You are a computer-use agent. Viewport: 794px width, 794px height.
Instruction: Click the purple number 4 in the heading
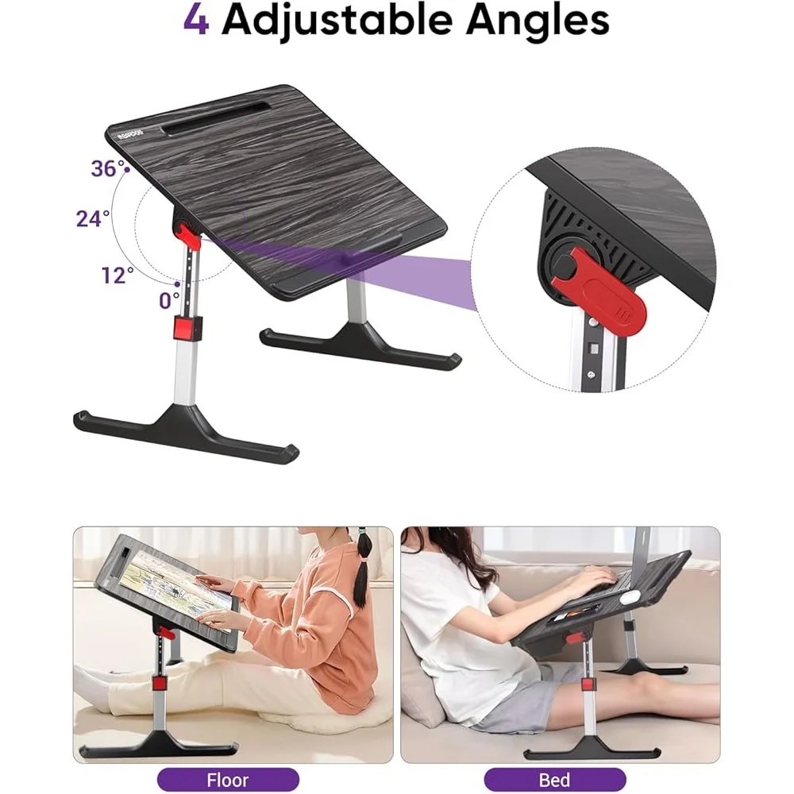point(196,21)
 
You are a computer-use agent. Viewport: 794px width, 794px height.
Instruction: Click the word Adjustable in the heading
point(337,21)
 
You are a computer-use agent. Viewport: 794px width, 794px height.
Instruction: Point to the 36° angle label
point(107,168)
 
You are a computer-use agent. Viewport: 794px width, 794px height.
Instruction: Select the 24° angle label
point(93,218)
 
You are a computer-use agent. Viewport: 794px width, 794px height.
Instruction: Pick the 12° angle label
point(118,275)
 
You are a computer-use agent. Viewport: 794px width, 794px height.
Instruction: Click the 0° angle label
point(168,300)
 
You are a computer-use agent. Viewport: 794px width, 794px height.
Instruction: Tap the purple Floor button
point(228,780)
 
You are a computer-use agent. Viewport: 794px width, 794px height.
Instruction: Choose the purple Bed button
point(555,780)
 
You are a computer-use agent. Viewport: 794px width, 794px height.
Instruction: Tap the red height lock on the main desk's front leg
point(188,328)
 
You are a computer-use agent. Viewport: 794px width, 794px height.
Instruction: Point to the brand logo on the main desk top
point(131,133)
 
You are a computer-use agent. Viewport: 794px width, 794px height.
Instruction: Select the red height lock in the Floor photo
point(160,684)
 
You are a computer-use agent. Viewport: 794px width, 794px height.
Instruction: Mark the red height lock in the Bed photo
point(587,684)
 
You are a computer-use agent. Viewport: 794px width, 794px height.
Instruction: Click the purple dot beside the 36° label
point(127,170)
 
